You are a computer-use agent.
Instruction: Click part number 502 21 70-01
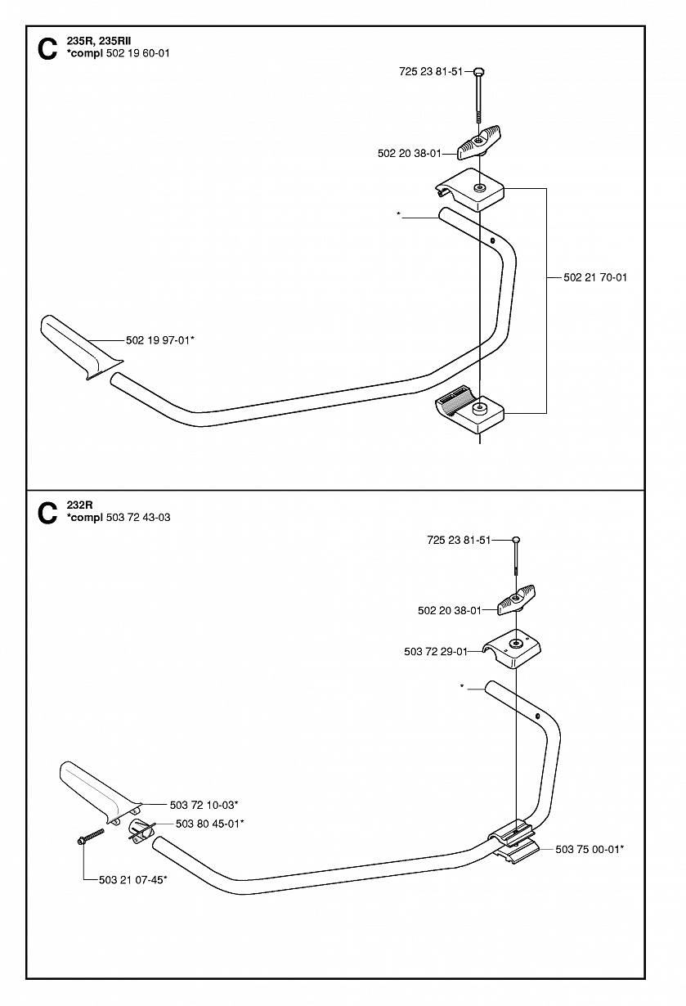tap(595, 277)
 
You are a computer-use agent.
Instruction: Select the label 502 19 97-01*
tap(160, 339)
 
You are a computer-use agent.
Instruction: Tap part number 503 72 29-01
tap(436, 652)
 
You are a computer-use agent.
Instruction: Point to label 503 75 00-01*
tap(590, 850)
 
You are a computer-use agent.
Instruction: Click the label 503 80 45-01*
tap(209, 824)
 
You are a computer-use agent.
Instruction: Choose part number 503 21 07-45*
tap(132, 880)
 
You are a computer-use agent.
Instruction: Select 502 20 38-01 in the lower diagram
tap(449, 609)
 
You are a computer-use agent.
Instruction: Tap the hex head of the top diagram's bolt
tap(478, 71)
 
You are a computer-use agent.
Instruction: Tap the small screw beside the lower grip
tap(92, 837)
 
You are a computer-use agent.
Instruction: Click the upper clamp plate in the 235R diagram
tap(470, 190)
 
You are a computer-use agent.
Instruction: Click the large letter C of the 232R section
tap(47, 513)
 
